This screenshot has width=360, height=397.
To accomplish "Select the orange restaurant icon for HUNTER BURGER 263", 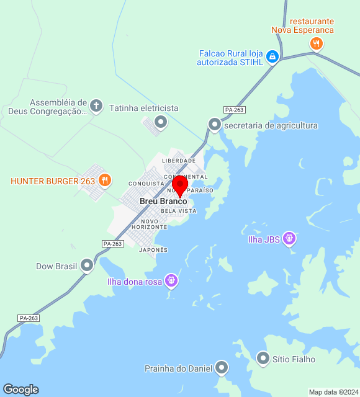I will pos(105,181).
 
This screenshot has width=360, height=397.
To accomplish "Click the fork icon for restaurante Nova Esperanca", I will pos(317,43).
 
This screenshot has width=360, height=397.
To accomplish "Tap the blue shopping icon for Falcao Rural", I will pos(272,58).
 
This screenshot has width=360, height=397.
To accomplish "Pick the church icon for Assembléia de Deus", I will pos(96,105).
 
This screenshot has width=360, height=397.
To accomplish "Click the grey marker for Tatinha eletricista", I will pos(161,122).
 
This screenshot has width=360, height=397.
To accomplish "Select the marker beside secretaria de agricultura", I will pos(215,125).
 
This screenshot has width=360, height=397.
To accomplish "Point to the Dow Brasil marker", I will pos(87,265).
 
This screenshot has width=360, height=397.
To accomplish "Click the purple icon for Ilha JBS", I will pos(289,238).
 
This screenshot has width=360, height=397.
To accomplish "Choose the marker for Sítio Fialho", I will pos(263,359).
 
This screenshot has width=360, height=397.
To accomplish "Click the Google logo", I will pos(20,390).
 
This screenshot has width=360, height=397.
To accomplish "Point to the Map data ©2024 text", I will pos(333,392).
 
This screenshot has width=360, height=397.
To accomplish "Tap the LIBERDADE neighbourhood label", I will pos(179,161).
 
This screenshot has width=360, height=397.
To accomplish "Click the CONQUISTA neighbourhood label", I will pos(146,184).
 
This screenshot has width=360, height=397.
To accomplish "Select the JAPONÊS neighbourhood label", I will pos(153,250).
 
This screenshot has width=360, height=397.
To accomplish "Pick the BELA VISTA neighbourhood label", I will pos(178,211).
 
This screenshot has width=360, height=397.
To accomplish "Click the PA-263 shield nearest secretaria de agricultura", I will pos(235,110).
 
